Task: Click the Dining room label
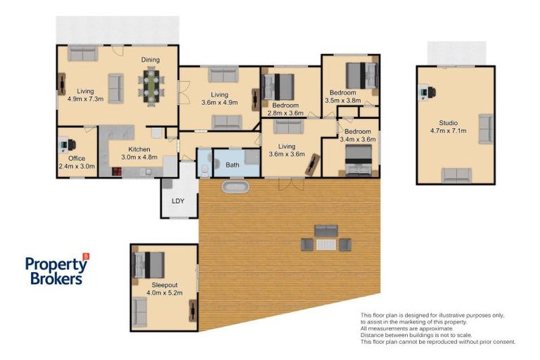click(x=150, y=60)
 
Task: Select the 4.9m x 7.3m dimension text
click(x=85, y=99)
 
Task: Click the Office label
click(x=77, y=158)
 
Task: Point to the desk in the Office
click(x=64, y=145)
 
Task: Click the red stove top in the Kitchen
click(x=117, y=172)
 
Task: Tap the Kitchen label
click(x=139, y=149)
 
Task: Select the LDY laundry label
click(x=178, y=201)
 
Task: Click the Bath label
click(x=233, y=165)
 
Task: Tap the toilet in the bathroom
click(x=205, y=171)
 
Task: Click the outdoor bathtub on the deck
click(x=236, y=187)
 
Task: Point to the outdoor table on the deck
click(x=326, y=245)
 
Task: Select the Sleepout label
click(x=165, y=285)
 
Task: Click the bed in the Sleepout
click(x=149, y=265)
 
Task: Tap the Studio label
click(x=449, y=122)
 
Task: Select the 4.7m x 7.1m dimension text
click(x=449, y=131)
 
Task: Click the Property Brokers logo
click(x=57, y=270)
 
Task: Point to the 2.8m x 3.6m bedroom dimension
click(x=285, y=113)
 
